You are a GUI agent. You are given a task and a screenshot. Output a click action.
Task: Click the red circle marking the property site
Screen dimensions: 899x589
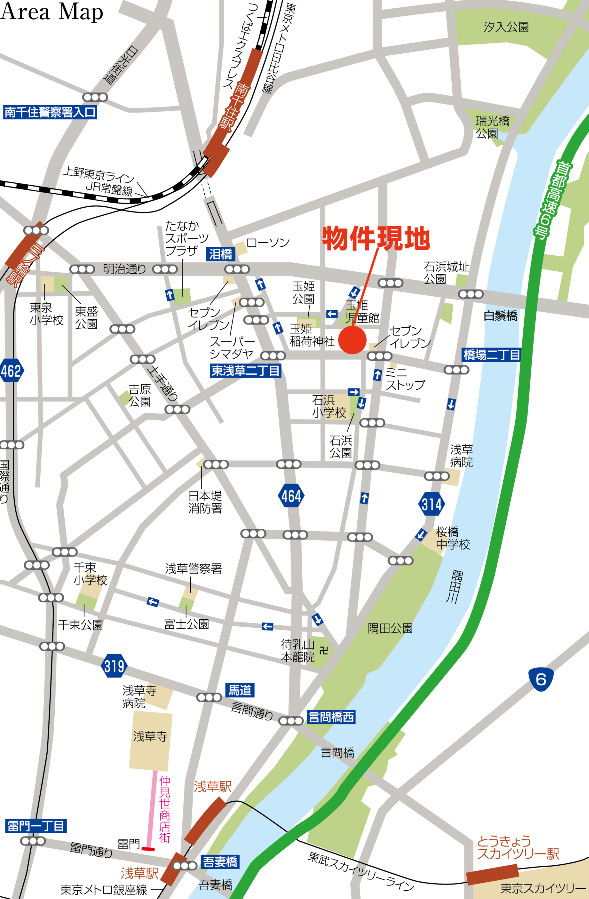pos(352,340)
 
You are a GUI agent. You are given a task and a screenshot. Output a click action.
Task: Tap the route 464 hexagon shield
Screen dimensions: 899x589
pos(291,496)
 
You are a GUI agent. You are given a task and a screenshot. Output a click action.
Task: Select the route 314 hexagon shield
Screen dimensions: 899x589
pos(431,504)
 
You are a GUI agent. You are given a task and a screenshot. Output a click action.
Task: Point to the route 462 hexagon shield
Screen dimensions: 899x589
pos(11,371)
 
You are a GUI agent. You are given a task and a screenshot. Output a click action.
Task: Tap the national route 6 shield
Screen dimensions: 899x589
pos(541,679)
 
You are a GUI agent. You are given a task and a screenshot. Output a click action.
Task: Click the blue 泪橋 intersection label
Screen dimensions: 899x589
pos(221,254)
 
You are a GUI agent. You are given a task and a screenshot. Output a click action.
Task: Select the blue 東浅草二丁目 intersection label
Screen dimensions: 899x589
pos(245,371)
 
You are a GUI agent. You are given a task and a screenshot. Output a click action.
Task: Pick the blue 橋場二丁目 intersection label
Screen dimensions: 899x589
pos(491,355)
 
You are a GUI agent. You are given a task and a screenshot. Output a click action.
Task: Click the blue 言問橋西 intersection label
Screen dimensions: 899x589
pos(331,717)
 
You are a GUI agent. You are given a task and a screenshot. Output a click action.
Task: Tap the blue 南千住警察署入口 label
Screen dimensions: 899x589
pos(50,112)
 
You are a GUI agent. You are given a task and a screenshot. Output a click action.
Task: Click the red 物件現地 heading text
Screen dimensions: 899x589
pos(376,238)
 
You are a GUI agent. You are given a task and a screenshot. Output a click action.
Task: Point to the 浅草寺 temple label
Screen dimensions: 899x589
pos(150,736)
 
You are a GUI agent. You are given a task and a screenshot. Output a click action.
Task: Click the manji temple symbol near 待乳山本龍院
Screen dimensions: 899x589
pos(324,650)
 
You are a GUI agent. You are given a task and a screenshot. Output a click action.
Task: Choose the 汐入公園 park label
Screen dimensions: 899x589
pos(506,27)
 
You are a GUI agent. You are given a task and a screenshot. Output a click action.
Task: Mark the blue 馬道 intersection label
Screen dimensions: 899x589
pos(240,690)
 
